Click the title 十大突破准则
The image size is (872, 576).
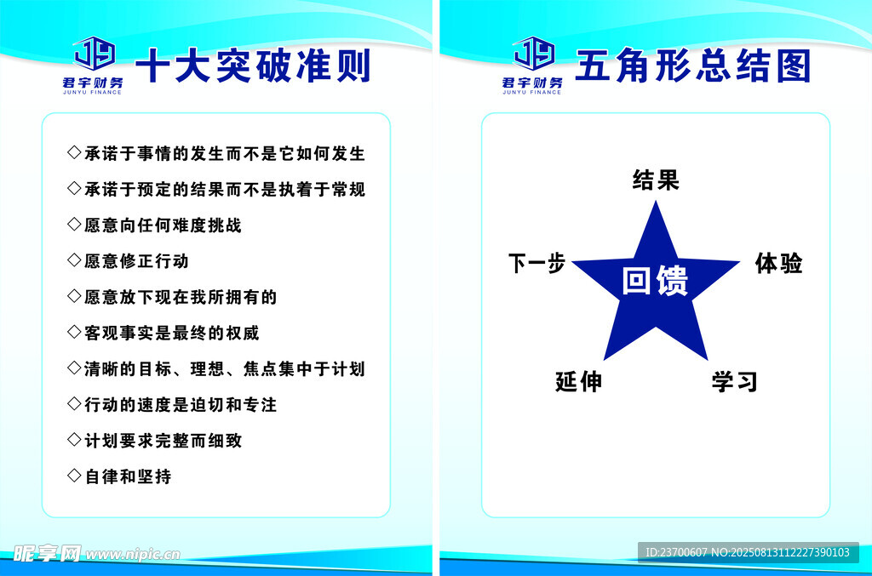253,66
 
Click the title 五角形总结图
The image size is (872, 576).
693,66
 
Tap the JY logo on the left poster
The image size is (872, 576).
95,54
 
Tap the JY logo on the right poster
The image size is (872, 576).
534,54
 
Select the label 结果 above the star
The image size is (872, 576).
656,180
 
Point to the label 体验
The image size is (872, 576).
778,263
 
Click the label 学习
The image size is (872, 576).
735,382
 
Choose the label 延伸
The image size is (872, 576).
578,382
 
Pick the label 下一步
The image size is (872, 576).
536,263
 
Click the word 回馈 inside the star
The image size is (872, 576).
655,280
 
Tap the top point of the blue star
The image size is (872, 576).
656,202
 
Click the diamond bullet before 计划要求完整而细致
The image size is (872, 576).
74,439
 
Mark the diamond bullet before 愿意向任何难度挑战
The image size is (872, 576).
74,224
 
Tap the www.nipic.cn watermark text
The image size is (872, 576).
133,554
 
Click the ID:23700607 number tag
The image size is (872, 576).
676,552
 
